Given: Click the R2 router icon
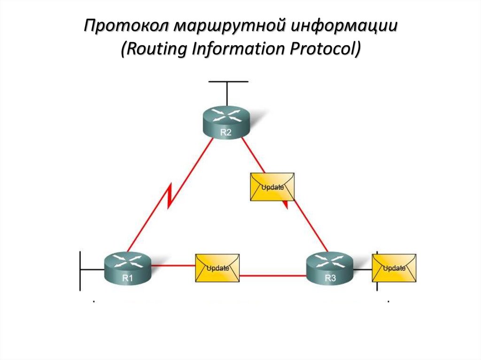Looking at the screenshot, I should pos(226,121).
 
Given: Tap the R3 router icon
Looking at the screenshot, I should pos(330,268).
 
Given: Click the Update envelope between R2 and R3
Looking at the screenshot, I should pos(272,187).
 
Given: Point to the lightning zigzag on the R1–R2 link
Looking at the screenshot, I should pos(171,197).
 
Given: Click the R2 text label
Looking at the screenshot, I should pos(226,132).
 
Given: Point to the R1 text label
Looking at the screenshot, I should pos(128,278).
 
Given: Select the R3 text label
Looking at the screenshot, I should pos(330,279).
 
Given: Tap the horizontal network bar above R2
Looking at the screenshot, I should pos(228,82).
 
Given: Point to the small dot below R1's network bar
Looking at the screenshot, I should pos(94,301).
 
